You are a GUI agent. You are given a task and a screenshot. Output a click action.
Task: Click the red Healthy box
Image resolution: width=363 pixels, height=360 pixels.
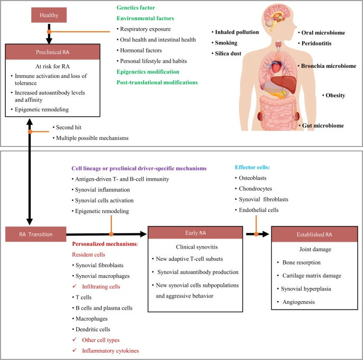(49, 15)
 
